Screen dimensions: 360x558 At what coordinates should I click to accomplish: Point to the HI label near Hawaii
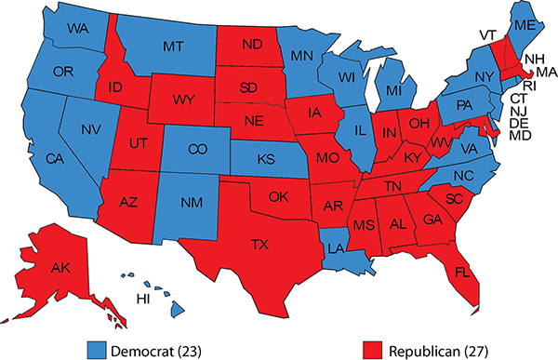pyautogui.click(x=143, y=299)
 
